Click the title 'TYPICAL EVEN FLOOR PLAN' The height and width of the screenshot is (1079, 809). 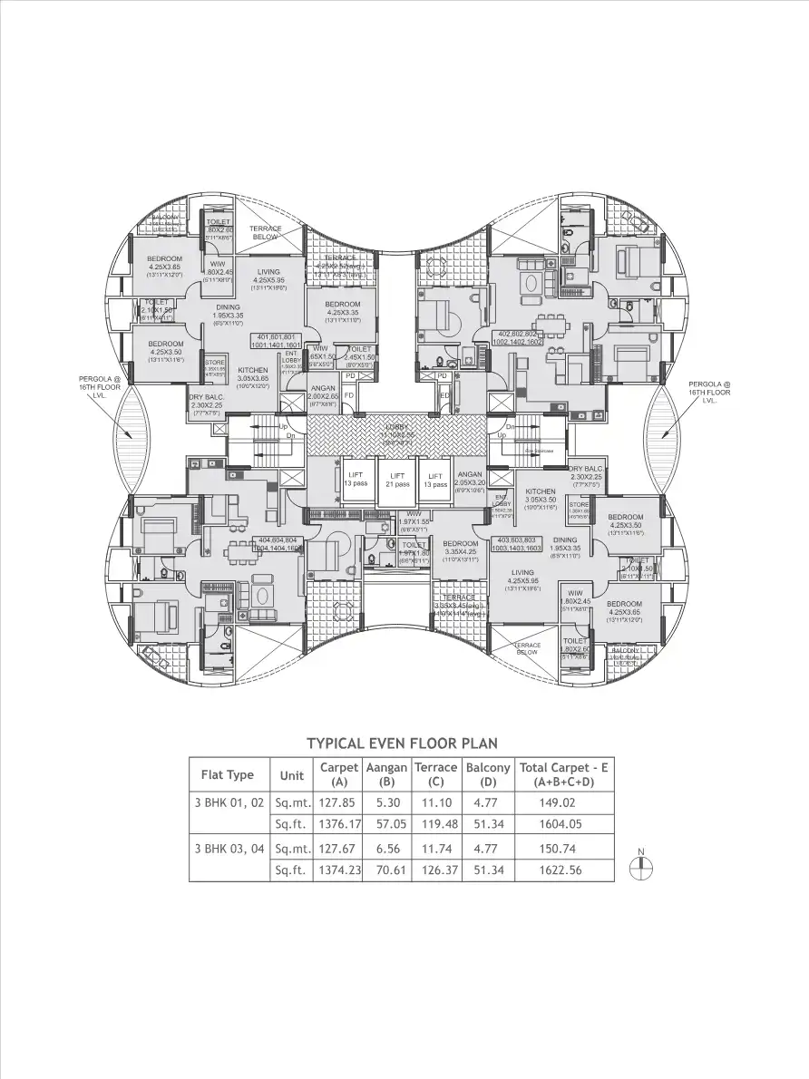click(x=402, y=744)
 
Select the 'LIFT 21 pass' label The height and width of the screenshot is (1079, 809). click(x=396, y=480)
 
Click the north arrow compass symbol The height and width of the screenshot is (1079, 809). click(x=640, y=862)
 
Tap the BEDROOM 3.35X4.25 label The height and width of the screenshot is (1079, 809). click(x=461, y=548)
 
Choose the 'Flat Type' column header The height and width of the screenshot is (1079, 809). click(x=227, y=775)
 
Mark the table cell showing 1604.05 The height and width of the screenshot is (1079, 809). click(x=563, y=824)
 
